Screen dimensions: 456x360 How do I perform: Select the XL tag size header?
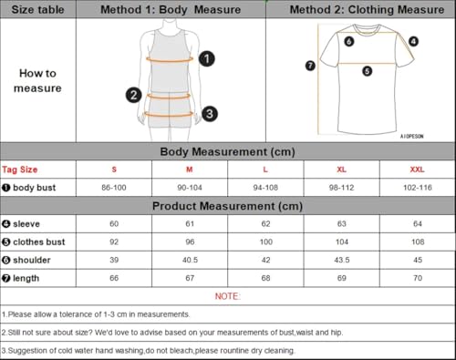click(340, 170)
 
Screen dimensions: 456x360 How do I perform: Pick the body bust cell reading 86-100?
click(115, 187)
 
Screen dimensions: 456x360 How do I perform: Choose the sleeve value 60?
click(115, 223)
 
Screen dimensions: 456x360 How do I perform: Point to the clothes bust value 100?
click(264, 242)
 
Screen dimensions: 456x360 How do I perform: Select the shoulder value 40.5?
click(190, 260)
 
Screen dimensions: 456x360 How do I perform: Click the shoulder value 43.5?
click(340, 260)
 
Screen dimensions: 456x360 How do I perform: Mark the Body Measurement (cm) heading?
click(228, 151)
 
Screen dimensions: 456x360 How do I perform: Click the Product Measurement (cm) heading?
click(228, 206)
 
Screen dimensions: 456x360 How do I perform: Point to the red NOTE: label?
click(227, 296)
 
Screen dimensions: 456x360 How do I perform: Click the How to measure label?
click(37, 80)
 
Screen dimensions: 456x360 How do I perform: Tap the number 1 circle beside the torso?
click(207, 59)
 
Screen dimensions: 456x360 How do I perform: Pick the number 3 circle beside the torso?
click(209, 114)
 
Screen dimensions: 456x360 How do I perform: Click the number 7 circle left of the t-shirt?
click(309, 66)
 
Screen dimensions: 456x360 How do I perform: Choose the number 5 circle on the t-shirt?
click(367, 70)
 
